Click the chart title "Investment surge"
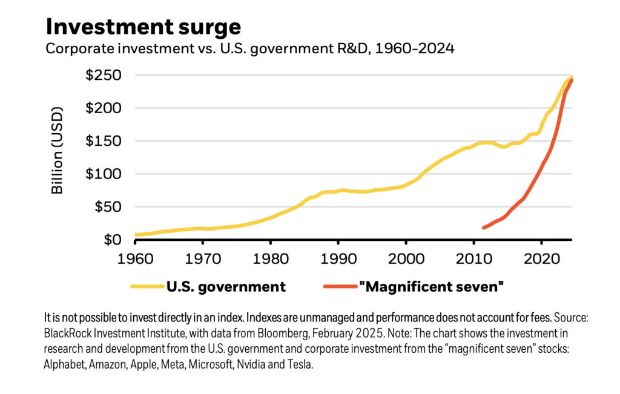[x=143, y=27]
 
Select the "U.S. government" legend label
[x=226, y=287]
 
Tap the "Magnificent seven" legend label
[x=430, y=287]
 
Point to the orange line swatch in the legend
[x=338, y=287]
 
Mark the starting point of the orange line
[x=483, y=228]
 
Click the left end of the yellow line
[x=136, y=234]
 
